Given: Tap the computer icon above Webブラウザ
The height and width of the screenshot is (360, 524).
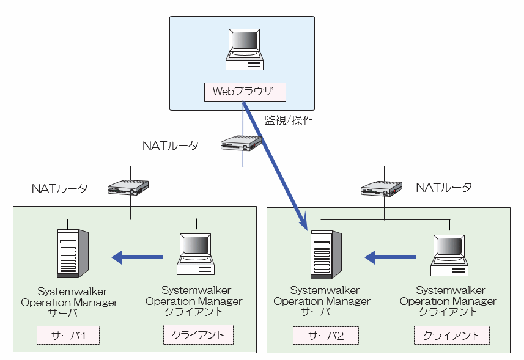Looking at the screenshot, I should tap(244, 50).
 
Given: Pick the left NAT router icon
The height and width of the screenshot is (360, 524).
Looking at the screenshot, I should tap(129, 187).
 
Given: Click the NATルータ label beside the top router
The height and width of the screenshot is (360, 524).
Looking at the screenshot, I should tap(171, 146).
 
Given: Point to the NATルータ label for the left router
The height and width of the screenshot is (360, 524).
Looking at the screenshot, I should tap(59, 188).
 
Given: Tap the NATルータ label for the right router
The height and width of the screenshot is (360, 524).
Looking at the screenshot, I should tap(443, 188).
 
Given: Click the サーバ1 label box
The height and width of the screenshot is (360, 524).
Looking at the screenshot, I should tap(67, 335).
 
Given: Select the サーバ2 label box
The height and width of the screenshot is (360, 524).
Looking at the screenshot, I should tap(325, 336).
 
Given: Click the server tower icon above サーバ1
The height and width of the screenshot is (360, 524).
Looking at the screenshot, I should tap(72, 253).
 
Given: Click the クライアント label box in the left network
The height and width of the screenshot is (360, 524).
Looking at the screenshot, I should tap(198, 335).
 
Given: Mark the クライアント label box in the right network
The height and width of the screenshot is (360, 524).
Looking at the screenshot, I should tap(451, 336).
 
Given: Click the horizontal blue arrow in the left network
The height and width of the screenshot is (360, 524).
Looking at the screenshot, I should tap(138, 258).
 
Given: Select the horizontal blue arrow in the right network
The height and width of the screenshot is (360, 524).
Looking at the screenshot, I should tap(391, 258).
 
